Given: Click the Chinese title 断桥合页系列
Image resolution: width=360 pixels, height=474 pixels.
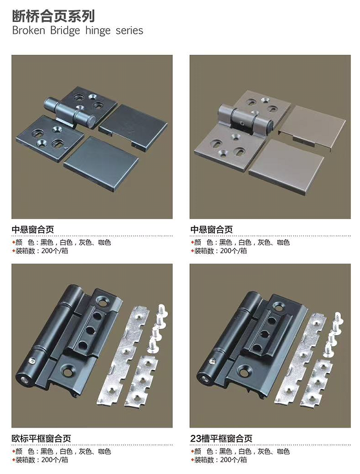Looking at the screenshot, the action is click(53, 16).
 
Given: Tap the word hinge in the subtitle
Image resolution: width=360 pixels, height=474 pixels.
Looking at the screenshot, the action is click(98, 31).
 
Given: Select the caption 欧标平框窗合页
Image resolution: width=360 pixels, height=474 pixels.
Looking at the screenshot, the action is click(42, 439).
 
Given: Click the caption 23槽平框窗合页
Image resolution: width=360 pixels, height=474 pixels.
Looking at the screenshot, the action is click(221, 439).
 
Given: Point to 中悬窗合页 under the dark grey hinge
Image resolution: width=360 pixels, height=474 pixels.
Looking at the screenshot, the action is click(32, 229).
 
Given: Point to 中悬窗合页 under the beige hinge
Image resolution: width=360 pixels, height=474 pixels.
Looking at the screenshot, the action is click(211, 229).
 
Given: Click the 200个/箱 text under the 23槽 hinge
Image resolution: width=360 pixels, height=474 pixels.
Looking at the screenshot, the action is click(233, 460).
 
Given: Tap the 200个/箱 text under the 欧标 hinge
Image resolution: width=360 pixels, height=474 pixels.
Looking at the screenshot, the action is click(54, 460).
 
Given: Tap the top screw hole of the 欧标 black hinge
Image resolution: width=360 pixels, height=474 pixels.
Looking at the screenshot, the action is click(100, 301).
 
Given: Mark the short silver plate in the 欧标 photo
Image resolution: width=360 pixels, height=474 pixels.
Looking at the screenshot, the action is click(142, 381).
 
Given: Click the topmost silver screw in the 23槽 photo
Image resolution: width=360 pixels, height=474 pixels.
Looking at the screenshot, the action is click(337, 319).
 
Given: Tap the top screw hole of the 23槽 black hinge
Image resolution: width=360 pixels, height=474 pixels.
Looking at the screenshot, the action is click(279, 306).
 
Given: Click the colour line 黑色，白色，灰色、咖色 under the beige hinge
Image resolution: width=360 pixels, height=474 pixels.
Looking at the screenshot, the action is click(254, 242).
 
